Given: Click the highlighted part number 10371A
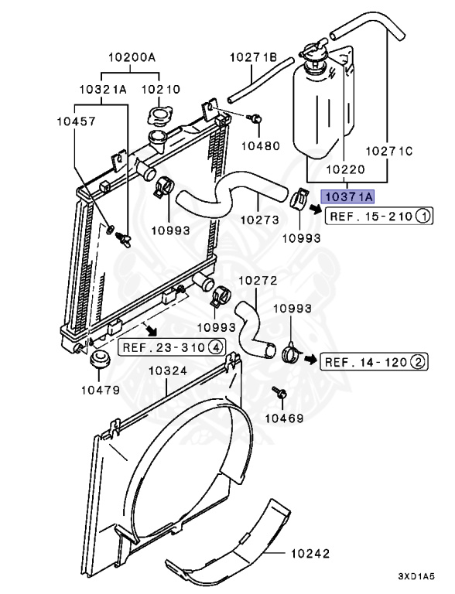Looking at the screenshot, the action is (347, 196).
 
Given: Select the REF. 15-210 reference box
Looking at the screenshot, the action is (379, 217).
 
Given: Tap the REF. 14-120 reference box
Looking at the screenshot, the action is (374, 362).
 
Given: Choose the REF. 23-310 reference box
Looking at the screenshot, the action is (172, 347).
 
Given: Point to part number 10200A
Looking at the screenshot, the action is (132, 57).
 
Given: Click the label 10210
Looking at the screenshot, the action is (161, 90).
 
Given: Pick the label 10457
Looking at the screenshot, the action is (76, 121).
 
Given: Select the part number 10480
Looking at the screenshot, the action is (261, 145).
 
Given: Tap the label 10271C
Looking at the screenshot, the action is (388, 151).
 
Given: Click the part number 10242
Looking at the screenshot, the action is (310, 554).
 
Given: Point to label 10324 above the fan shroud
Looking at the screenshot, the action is (168, 370).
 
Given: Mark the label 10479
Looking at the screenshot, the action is (101, 390).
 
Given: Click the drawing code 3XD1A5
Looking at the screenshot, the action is (416, 576).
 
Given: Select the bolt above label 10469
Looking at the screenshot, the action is (279, 393).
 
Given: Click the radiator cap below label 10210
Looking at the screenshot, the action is (159, 117).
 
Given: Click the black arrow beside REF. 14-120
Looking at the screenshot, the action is (310, 359).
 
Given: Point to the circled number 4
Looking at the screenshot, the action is (215, 347).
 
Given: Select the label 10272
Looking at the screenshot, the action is (258, 280).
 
